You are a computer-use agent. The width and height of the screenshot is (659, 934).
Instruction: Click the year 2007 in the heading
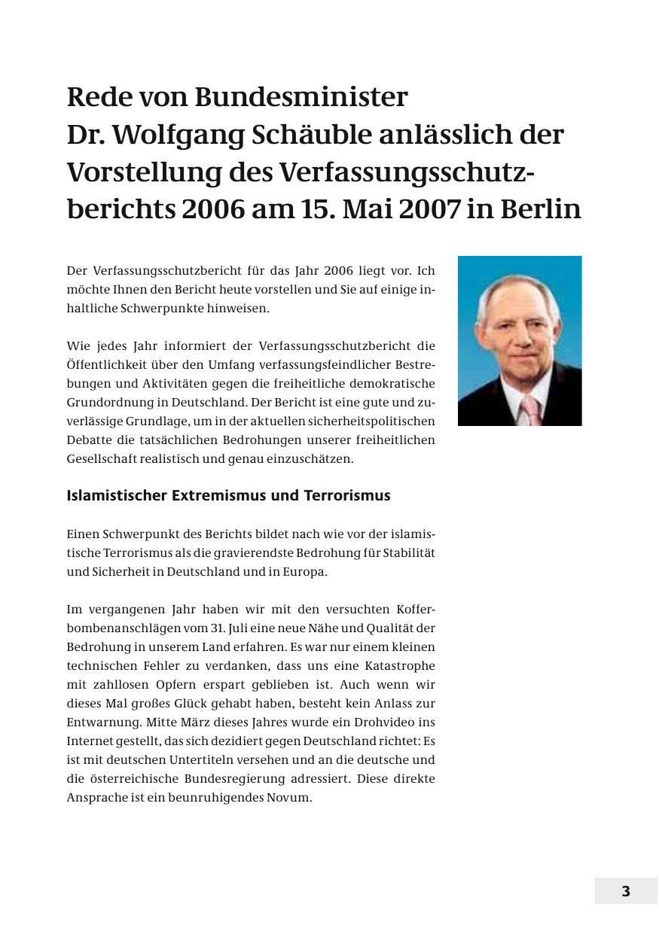(x=430, y=208)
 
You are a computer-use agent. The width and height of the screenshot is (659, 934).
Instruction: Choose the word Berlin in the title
(x=537, y=208)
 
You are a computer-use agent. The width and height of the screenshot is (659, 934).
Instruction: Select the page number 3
(x=625, y=892)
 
